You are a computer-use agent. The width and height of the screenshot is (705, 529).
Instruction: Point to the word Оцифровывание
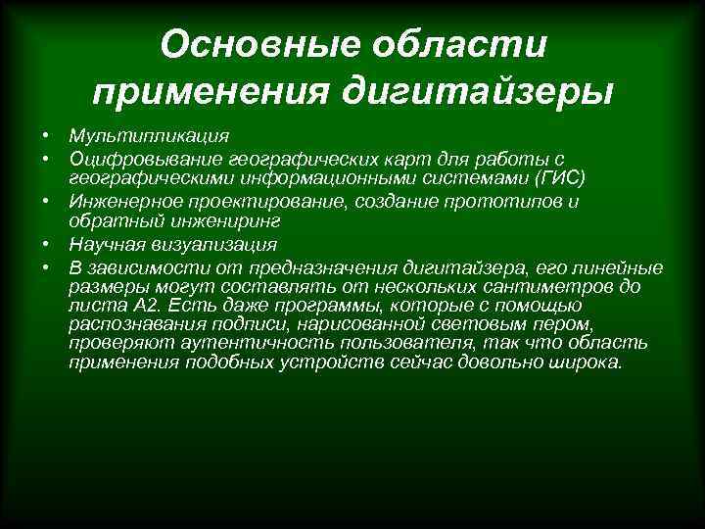coord(145,158)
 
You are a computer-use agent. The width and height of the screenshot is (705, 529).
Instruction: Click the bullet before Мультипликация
coord(45,135)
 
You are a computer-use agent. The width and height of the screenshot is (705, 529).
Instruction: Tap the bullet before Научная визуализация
coord(45,245)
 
